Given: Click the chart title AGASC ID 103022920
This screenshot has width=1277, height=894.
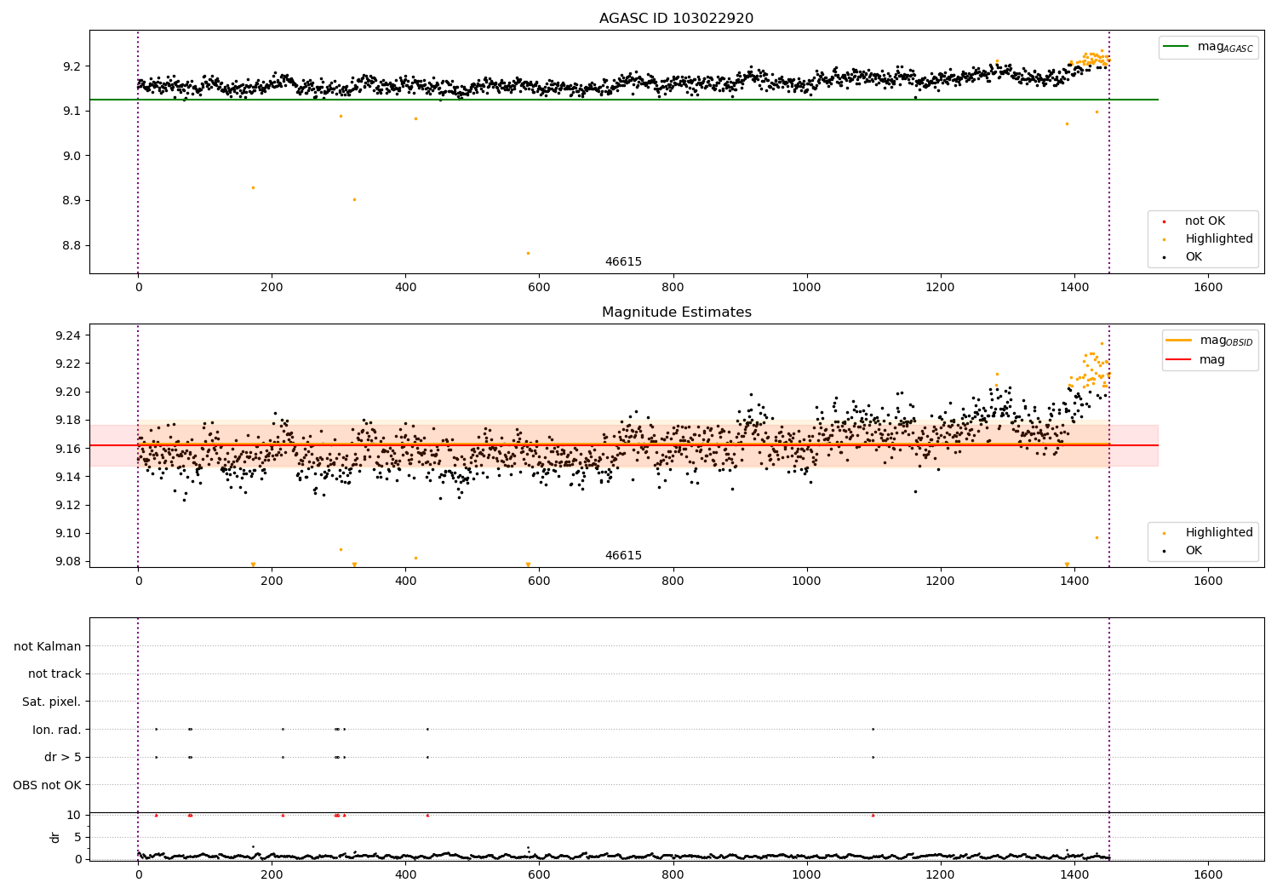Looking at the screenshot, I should coord(676,19).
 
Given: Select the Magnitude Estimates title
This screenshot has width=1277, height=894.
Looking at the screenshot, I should coord(676,312).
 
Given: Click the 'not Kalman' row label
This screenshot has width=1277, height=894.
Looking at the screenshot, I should coord(48,646).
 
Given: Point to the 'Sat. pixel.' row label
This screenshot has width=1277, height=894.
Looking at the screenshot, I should coord(51,702).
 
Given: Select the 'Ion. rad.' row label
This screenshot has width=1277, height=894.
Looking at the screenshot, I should coord(56,730).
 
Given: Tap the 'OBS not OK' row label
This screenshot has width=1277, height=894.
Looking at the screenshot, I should coord(47,785).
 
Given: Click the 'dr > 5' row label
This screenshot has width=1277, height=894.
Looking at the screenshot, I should coord(62,757).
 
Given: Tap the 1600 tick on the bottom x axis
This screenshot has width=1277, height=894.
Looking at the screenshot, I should coord(1208,874).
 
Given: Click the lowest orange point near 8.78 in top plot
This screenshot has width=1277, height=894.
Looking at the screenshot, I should coord(528,253).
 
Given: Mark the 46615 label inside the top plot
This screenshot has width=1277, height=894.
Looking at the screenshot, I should coord(623,262).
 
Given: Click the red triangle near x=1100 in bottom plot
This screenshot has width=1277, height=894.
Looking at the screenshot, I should coord(873,815).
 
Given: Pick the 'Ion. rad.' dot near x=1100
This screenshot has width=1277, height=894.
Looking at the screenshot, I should coord(873,729).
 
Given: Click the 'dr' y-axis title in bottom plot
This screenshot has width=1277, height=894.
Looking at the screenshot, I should coord(55,837).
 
